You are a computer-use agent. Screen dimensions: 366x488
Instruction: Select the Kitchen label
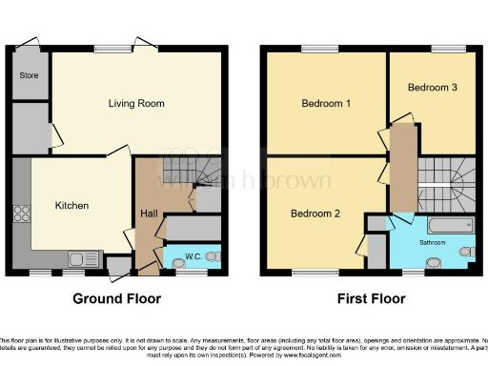tap(71, 205)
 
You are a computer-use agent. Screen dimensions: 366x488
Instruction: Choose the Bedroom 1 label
tap(327, 103)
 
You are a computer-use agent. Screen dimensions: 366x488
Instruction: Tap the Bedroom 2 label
tap(315, 213)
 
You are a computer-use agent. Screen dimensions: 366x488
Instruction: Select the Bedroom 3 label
tap(433, 88)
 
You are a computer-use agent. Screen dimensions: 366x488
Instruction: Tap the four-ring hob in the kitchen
tap(22, 214)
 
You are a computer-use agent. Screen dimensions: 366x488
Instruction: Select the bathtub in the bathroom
tap(451, 226)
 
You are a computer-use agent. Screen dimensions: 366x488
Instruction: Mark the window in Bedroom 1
tap(314, 49)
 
